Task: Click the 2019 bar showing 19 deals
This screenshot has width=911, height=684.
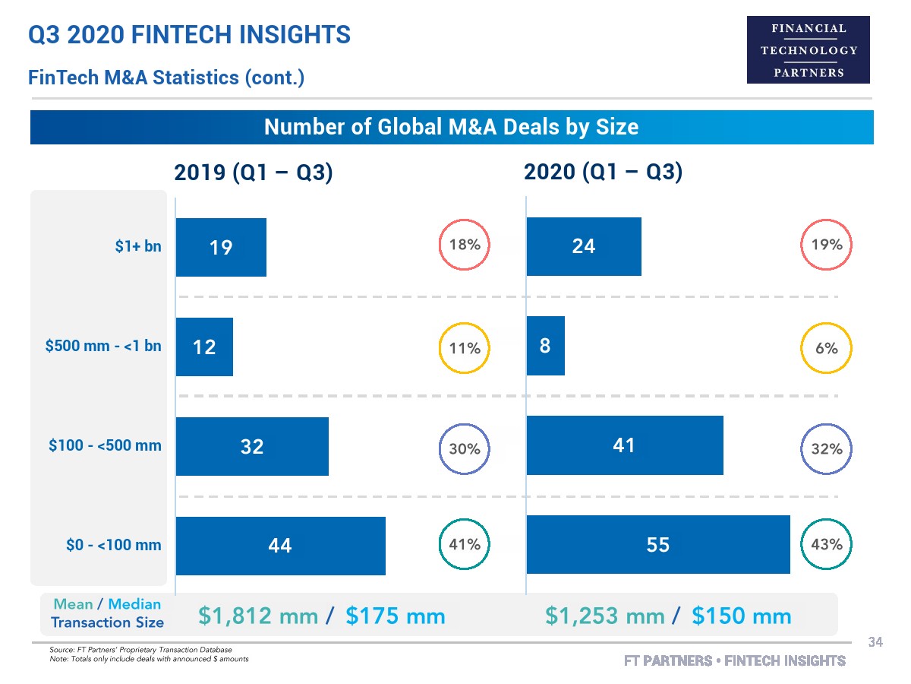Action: (x=221, y=247)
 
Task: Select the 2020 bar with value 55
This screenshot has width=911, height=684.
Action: (x=657, y=544)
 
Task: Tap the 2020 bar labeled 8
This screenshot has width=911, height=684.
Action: (x=545, y=346)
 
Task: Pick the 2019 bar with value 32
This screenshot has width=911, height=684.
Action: (x=252, y=446)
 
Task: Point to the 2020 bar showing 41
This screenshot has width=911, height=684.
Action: (x=624, y=445)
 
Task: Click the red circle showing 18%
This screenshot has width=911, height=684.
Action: (x=465, y=245)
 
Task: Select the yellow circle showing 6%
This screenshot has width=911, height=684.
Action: (x=827, y=348)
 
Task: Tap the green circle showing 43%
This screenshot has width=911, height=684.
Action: (x=827, y=544)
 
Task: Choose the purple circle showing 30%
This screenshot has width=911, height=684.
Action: (x=465, y=448)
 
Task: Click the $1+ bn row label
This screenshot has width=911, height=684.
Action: (x=138, y=245)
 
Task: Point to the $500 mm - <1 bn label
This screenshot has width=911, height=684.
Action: (x=104, y=346)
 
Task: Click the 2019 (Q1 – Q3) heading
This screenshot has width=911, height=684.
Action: (x=254, y=173)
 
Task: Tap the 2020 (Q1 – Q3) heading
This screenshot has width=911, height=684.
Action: (x=604, y=173)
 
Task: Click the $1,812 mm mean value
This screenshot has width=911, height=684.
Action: (x=258, y=616)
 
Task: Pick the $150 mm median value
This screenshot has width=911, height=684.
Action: (x=742, y=616)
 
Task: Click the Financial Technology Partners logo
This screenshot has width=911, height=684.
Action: (x=809, y=50)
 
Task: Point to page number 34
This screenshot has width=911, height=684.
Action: (x=875, y=643)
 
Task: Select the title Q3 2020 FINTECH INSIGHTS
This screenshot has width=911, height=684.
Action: (x=189, y=34)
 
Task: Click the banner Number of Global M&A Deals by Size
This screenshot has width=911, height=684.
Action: (x=452, y=127)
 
